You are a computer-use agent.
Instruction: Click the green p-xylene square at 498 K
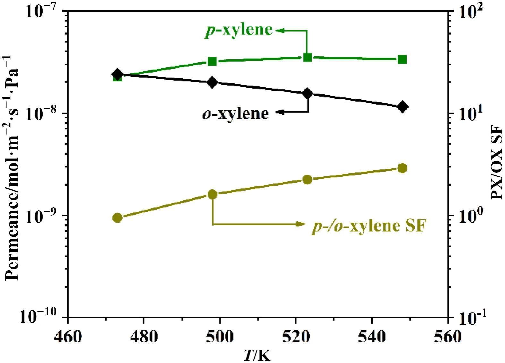coord(212,61)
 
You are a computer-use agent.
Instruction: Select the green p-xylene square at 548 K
coord(402,59)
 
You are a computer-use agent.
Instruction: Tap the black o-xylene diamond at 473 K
coord(117,74)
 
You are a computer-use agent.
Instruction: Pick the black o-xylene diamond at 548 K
coord(402,107)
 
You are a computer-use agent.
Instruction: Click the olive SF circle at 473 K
coord(117,218)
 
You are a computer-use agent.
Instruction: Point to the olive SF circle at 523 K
coord(307,179)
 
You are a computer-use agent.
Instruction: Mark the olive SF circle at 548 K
coord(402,168)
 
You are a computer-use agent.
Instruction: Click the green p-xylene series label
coord(239,30)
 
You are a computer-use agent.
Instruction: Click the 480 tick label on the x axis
coord(143,337)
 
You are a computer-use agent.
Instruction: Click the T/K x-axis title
coord(257,355)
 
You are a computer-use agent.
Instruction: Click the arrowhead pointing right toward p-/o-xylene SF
coord(301,224)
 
